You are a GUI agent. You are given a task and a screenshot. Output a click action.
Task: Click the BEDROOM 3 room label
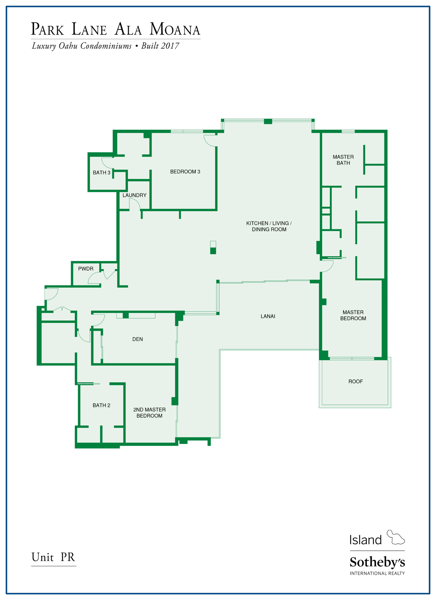185,172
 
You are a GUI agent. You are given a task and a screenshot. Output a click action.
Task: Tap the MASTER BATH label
343,160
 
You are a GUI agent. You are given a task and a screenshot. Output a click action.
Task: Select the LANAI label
268,316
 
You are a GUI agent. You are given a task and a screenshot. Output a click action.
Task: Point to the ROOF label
355,382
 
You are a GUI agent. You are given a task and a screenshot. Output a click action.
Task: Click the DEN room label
138,339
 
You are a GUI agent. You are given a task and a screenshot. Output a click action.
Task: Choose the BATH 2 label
101,405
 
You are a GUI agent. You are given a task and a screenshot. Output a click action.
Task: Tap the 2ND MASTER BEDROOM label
149,413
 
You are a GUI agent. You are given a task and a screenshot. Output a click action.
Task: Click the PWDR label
86,269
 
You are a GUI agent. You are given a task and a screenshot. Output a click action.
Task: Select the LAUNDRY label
134,195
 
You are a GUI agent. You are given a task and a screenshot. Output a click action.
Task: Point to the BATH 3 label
102,173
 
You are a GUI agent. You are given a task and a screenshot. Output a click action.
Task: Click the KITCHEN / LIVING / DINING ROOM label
269,226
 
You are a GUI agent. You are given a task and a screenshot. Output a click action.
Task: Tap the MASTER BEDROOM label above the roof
353,315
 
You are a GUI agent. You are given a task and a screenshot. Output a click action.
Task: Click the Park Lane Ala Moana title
116,29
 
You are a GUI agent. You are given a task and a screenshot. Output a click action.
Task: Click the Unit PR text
53,557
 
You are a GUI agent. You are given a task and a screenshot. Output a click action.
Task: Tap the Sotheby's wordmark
377,562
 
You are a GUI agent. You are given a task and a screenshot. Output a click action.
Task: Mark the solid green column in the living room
213,251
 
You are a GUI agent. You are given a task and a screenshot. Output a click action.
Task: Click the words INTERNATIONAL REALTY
377,573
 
